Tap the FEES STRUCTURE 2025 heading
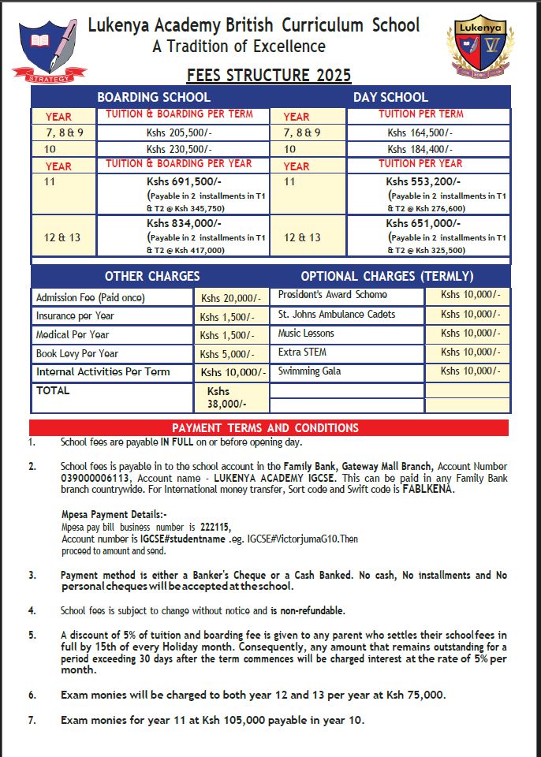pyautogui.click(x=269, y=76)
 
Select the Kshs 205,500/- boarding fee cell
pyautogui.click(x=179, y=132)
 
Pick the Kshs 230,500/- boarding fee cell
pyautogui.click(x=179, y=149)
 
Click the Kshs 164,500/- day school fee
pyautogui.click(x=420, y=132)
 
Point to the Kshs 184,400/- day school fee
pyautogui.click(x=420, y=149)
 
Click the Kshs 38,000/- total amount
pyautogui.click(x=226, y=397)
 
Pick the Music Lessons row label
pyautogui.click(x=306, y=334)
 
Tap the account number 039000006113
pyautogui.click(x=93, y=478)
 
